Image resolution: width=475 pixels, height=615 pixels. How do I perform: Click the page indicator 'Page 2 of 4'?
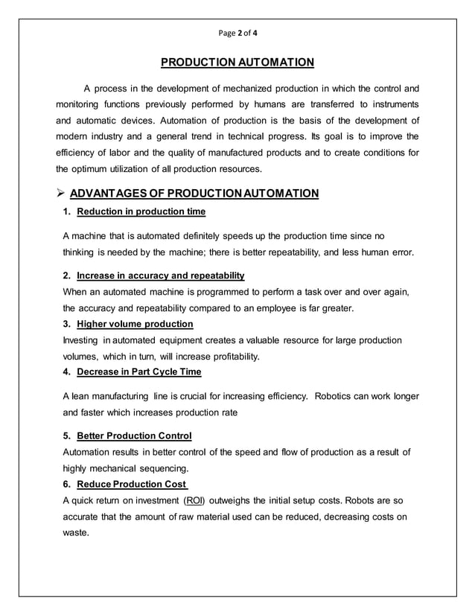pyautogui.click(x=238, y=33)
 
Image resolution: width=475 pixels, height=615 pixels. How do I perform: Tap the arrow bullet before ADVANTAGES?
pyautogui.click(x=60, y=194)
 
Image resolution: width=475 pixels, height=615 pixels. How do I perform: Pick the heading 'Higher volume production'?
pyautogui.click(x=135, y=324)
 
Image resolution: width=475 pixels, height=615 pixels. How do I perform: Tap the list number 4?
pyautogui.click(x=67, y=372)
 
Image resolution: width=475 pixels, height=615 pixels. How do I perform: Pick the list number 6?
pyautogui.click(x=67, y=484)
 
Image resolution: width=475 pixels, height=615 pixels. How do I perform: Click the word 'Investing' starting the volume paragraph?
pyautogui.click(x=83, y=340)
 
